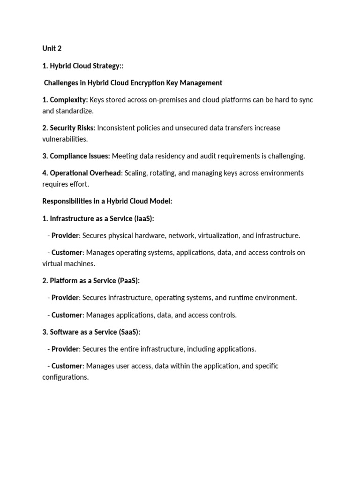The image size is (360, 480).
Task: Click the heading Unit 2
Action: (x=52, y=49)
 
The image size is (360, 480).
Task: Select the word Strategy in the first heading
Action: (x=105, y=66)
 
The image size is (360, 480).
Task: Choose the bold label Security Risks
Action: (x=72, y=127)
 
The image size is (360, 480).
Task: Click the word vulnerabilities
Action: (x=65, y=139)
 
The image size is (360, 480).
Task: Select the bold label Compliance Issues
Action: (x=80, y=156)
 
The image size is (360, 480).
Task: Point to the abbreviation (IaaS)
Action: (x=142, y=218)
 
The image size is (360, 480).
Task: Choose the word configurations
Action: (x=65, y=377)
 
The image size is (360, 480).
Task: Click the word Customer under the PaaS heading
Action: (x=67, y=315)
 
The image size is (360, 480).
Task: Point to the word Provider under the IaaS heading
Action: (x=66, y=235)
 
